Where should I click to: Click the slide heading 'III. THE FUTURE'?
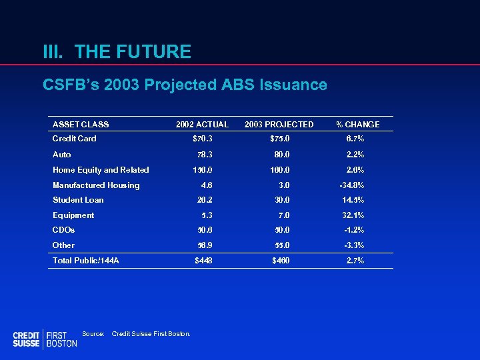(117, 51)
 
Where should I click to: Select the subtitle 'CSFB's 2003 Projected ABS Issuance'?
(185, 85)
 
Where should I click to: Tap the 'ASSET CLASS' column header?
(81, 125)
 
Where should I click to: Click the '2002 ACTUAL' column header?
(202, 125)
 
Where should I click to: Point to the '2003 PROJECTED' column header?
(279, 125)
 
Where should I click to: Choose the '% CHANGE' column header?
(357, 125)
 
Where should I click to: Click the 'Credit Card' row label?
(74, 139)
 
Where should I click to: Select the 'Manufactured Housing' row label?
(96, 185)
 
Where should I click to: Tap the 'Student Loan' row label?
(78, 200)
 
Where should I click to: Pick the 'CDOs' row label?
(63, 230)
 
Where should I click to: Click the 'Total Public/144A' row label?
(85, 261)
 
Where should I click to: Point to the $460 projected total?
(281, 261)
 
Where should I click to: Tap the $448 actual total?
(203, 261)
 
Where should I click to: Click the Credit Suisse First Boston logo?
(45, 339)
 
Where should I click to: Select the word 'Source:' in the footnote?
(93, 333)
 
